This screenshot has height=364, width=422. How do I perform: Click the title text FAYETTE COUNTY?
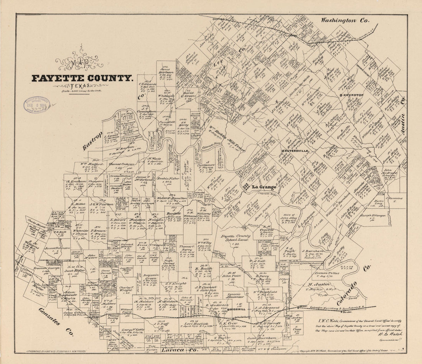click(82, 78)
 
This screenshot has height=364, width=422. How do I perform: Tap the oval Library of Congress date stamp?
click(37, 105)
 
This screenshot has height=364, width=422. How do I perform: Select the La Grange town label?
click(264, 187)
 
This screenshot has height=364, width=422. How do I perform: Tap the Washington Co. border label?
click(345, 20)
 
